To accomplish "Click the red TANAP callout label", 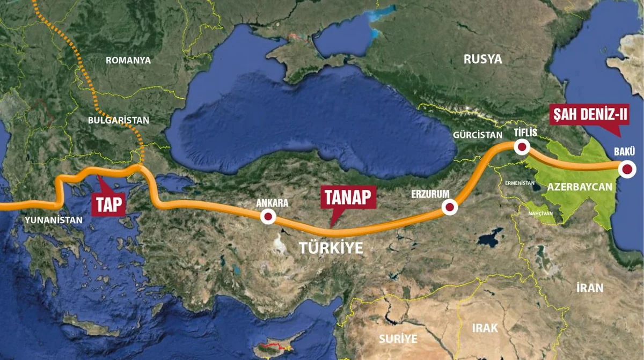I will tap(346, 197).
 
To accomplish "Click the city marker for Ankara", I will tap(267, 217).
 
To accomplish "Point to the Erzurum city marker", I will tap(450, 207).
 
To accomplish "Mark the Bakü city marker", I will tap(627, 170).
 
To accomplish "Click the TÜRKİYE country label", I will tap(331, 248).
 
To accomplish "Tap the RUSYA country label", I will tap(482, 59).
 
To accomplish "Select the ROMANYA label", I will tap(128, 60).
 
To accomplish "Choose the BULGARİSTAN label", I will tap(119, 120).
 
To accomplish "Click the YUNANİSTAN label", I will tap(53, 220).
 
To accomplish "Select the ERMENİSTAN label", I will tap(519, 183).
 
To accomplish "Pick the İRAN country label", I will tap(589, 288).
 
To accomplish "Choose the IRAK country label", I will tap(485, 328).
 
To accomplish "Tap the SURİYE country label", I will tap(398, 339).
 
